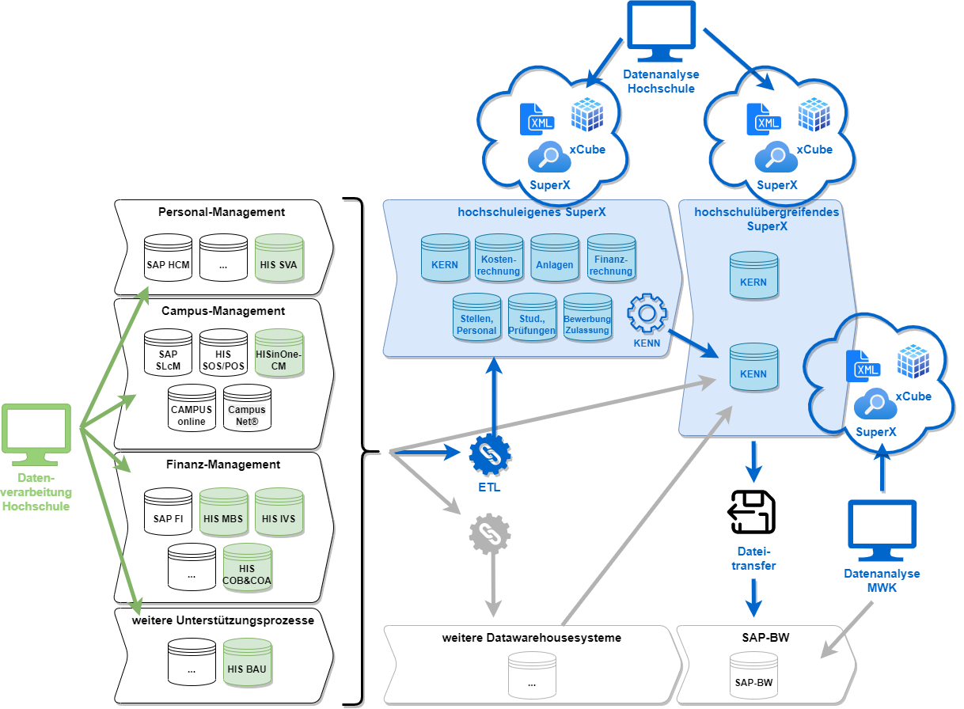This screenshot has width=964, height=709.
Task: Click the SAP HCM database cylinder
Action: pos(169,258)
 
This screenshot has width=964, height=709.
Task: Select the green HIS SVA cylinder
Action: pos(279,258)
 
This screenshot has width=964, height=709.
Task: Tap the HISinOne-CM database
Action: pos(279,353)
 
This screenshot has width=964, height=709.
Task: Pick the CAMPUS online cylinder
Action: pos(192,408)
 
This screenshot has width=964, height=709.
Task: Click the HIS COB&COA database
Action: pos(248,567)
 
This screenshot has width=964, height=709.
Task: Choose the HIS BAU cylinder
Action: pos(248,662)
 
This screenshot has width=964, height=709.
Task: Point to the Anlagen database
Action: pos(555,258)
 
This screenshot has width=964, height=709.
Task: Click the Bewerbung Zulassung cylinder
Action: pos(588,317)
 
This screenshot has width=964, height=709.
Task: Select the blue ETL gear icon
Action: pos(490,455)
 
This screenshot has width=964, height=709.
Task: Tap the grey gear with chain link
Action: pos(490,534)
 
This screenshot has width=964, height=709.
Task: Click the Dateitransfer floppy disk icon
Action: pos(752,513)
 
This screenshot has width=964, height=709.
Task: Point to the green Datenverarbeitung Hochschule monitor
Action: pos(36,435)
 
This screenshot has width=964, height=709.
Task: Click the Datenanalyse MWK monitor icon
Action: pos(882,531)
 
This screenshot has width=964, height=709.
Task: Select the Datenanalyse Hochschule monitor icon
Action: pos(662,32)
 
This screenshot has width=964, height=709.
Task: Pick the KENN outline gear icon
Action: pos(647,313)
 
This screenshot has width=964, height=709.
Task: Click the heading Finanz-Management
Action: pos(223,464)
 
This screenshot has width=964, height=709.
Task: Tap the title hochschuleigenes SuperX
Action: pos(532,212)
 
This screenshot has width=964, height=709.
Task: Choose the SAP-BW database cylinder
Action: pos(754,676)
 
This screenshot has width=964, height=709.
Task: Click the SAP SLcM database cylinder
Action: pos(169,353)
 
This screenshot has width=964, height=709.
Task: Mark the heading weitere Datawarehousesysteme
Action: pos(532,638)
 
